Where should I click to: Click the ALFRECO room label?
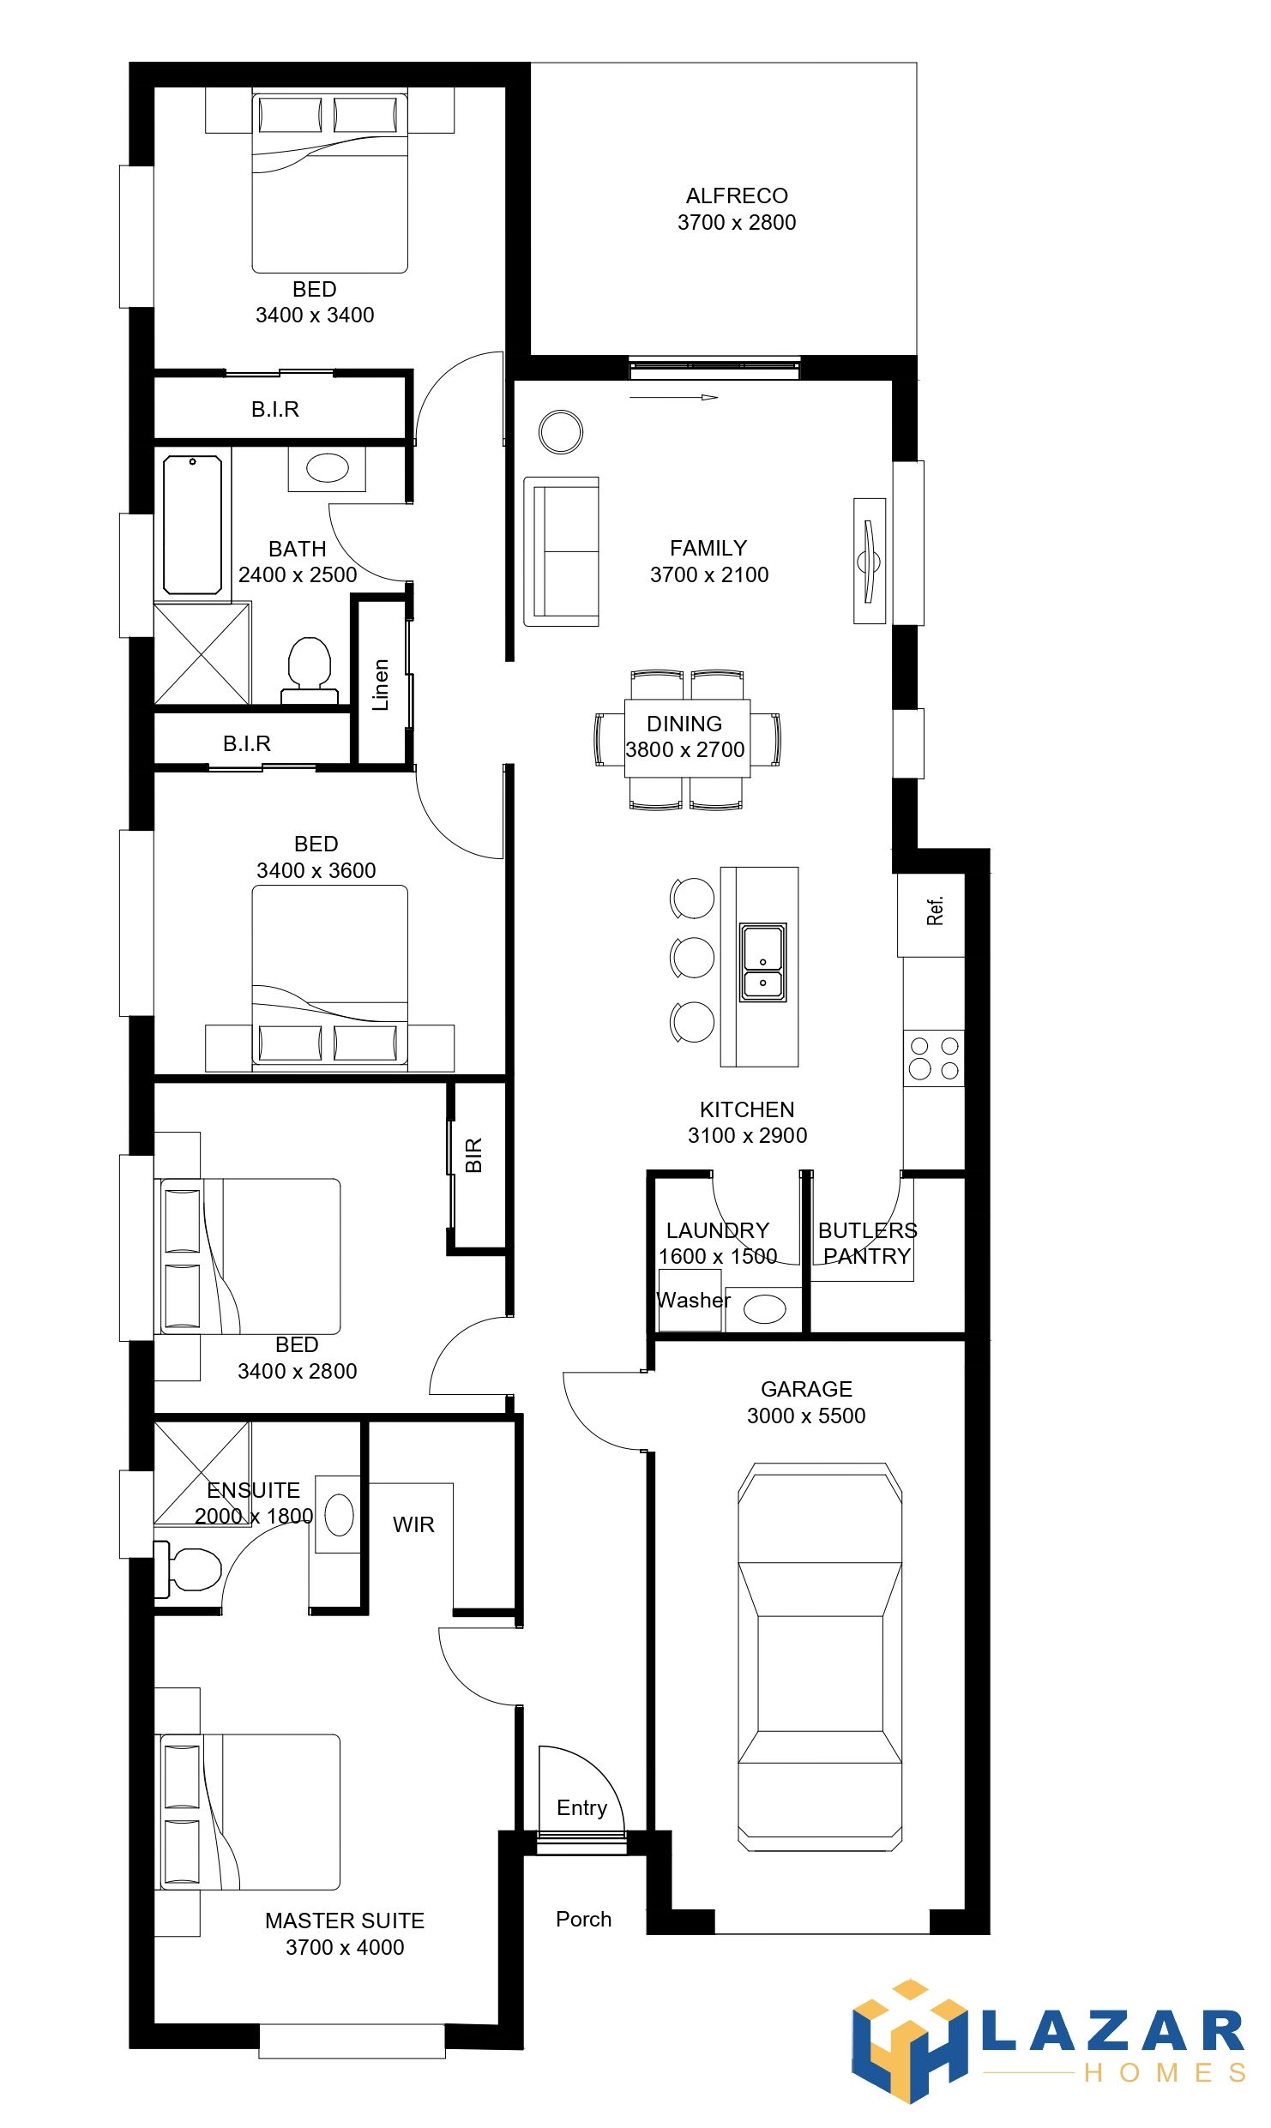(737, 196)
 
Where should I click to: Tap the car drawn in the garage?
(820, 1656)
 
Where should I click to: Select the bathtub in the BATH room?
(193, 525)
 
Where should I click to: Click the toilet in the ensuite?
(189, 1569)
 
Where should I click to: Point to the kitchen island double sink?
(762, 962)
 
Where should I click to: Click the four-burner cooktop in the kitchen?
(934, 1058)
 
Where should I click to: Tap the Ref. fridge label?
(935, 911)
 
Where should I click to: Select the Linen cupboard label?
(381, 684)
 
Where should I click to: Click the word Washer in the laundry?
(693, 1300)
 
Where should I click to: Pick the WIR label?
(413, 1524)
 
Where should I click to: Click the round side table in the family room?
(561, 431)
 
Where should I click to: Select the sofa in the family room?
(562, 551)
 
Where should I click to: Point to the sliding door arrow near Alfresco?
(673, 397)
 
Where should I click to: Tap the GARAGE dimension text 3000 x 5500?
(806, 1416)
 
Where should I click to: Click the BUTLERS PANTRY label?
(867, 1243)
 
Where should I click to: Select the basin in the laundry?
(764, 1309)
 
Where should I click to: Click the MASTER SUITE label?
(345, 1921)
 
